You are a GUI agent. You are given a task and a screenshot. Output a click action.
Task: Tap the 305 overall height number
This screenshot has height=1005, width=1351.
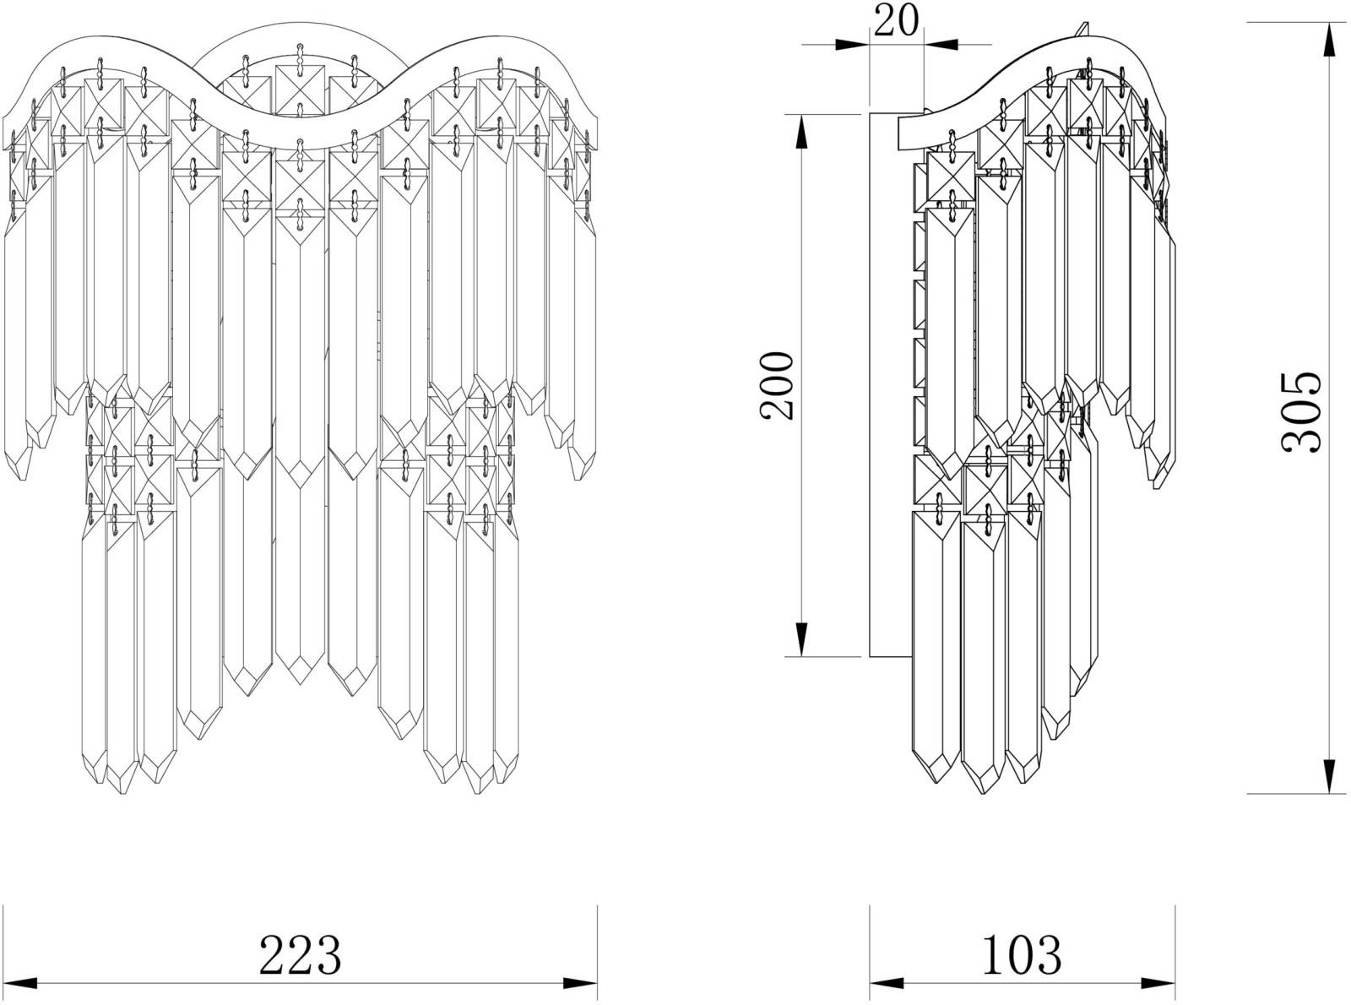coord(1302,413)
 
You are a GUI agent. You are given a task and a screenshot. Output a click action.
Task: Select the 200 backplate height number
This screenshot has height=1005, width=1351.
coord(777,385)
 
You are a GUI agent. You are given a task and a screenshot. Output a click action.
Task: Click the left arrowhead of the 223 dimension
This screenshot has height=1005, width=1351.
coord(20,983)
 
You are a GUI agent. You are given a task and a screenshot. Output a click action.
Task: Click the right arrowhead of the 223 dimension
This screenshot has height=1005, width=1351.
coord(580,983)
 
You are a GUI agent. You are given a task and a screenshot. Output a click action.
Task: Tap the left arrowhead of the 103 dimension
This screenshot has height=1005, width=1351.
coord(887,983)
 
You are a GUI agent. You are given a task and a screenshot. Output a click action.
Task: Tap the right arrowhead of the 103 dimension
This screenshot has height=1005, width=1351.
coord(1158,983)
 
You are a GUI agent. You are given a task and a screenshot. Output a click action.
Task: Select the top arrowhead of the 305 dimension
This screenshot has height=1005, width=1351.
coord(1329,40)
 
